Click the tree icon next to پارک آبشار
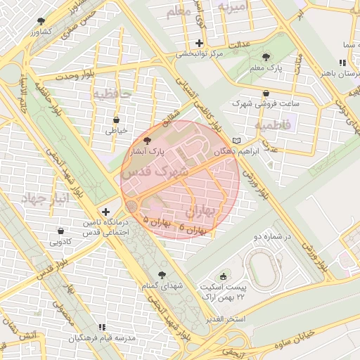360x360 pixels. (x=146, y=141)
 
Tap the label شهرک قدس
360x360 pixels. (x=154, y=171)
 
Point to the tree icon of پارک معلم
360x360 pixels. (x=265, y=58)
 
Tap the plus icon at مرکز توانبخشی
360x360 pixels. (x=200, y=43)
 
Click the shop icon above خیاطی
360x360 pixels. (x=115, y=120)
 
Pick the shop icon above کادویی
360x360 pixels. (x=60, y=231)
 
